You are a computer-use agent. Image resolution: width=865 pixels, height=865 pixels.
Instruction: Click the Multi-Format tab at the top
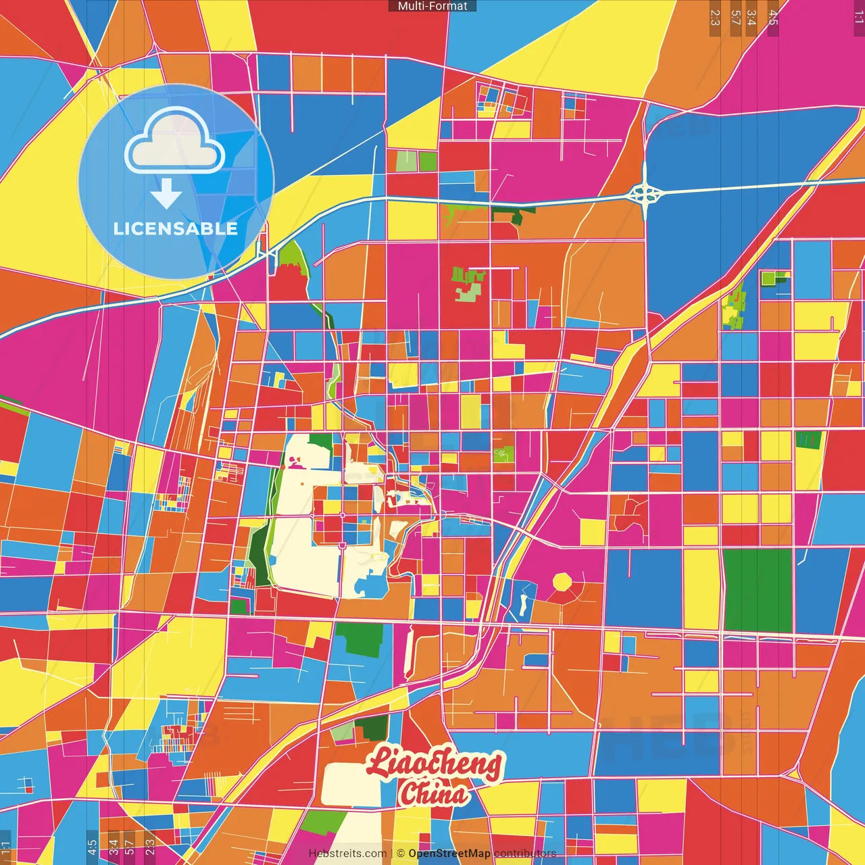432,6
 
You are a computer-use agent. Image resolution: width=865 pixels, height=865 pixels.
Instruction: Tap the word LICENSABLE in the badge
176,228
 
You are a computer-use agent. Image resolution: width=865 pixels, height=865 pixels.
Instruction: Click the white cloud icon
175,143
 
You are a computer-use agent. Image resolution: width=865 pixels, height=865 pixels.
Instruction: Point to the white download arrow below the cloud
166,194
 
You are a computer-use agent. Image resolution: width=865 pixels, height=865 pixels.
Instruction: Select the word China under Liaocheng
433,793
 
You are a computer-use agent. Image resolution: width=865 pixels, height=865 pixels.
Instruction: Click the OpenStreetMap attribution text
449,854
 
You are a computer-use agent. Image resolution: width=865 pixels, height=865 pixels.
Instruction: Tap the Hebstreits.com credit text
347,854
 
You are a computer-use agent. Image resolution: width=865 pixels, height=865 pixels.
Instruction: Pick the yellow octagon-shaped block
562,582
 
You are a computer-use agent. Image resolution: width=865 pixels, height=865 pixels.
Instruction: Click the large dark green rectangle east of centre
758,590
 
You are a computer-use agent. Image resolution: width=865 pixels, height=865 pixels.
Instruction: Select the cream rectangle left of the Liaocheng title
350,784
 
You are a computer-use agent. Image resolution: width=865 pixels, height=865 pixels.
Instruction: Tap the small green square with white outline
768,278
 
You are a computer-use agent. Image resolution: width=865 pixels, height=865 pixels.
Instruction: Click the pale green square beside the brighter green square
406,162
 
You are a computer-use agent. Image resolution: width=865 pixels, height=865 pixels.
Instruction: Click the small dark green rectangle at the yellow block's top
808,440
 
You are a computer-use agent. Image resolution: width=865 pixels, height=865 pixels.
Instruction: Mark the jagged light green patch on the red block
468,284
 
